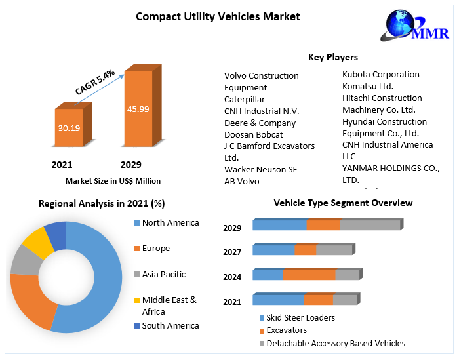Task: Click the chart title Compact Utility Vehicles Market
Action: (x=218, y=16)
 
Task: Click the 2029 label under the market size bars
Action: (x=130, y=165)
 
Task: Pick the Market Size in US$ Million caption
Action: (x=113, y=181)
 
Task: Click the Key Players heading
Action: (x=333, y=58)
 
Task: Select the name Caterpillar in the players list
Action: (x=244, y=99)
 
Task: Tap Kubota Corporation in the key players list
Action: (x=380, y=75)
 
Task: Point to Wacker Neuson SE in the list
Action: (x=260, y=169)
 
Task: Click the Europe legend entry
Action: (x=155, y=249)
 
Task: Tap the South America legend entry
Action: (x=170, y=325)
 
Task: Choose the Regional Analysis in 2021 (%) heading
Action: (x=102, y=203)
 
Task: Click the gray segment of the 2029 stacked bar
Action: (x=370, y=225)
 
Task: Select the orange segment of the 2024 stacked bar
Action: (x=309, y=275)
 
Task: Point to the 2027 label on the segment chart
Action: (x=232, y=252)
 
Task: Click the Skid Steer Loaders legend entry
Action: (x=300, y=318)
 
